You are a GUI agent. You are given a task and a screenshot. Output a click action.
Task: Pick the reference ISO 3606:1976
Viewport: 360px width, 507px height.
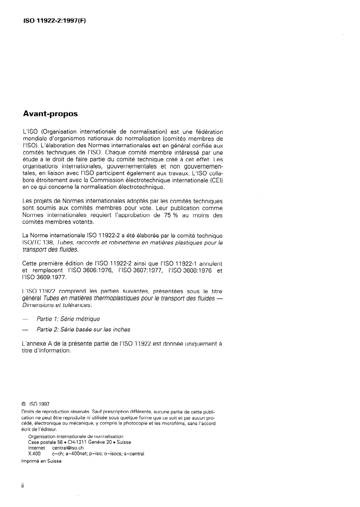point(89,270)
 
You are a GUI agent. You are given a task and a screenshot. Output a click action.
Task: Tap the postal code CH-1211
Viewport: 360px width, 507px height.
point(81,442)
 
